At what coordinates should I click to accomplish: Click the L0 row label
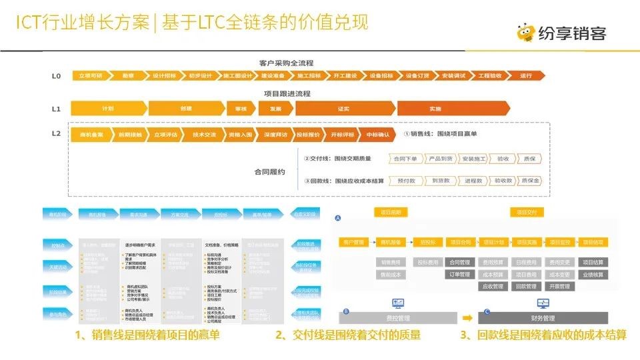[x=57, y=76]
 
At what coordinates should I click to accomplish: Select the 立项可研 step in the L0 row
[x=90, y=76]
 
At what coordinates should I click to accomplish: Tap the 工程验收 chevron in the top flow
[x=490, y=76]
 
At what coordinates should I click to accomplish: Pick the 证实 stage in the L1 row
[x=344, y=108]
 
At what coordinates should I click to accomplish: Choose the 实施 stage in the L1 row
[x=435, y=108]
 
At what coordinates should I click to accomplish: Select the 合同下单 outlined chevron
[x=405, y=159]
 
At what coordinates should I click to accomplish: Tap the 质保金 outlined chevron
[x=531, y=181]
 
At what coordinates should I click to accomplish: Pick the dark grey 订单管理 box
[x=460, y=274]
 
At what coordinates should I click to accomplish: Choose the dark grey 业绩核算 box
[x=592, y=274]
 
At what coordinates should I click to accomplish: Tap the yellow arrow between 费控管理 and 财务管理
[x=469, y=318]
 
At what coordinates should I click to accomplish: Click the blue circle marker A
[x=337, y=218]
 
